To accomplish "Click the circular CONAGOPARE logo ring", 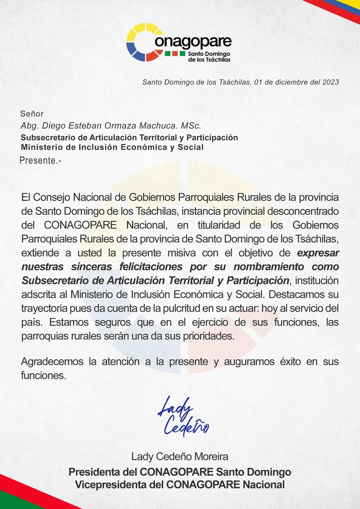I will point(145,42).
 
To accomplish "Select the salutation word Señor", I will point(32,114).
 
